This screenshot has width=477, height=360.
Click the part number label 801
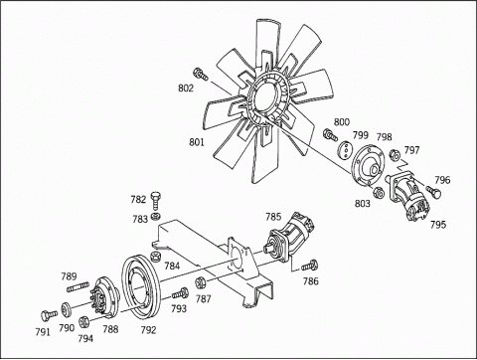[x=197, y=142]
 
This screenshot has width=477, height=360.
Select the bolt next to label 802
[x=201, y=75]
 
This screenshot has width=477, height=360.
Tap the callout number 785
[x=273, y=217]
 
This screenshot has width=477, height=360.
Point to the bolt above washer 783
[x=156, y=200]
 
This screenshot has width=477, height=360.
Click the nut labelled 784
[x=155, y=257]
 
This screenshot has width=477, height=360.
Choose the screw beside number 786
[x=309, y=266]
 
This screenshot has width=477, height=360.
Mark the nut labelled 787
[x=201, y=282]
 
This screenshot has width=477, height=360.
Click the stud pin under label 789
[x=78, y=286]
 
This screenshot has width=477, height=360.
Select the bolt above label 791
[x=49, y=315]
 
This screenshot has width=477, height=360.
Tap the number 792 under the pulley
[x=148, y=330]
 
